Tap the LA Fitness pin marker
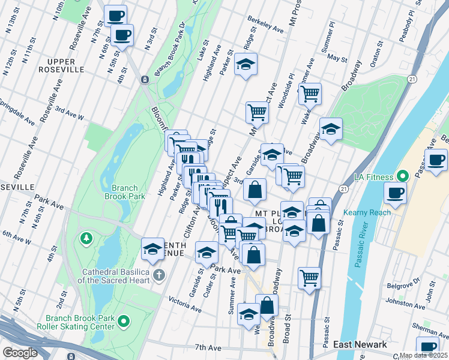403,176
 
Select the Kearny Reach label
367,212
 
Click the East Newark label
359,344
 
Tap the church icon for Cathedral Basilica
158,275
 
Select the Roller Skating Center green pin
124,322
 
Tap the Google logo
20,353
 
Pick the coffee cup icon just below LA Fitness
396,193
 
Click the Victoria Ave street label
185,304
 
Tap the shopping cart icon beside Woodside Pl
309,93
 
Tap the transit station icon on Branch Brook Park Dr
145,79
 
